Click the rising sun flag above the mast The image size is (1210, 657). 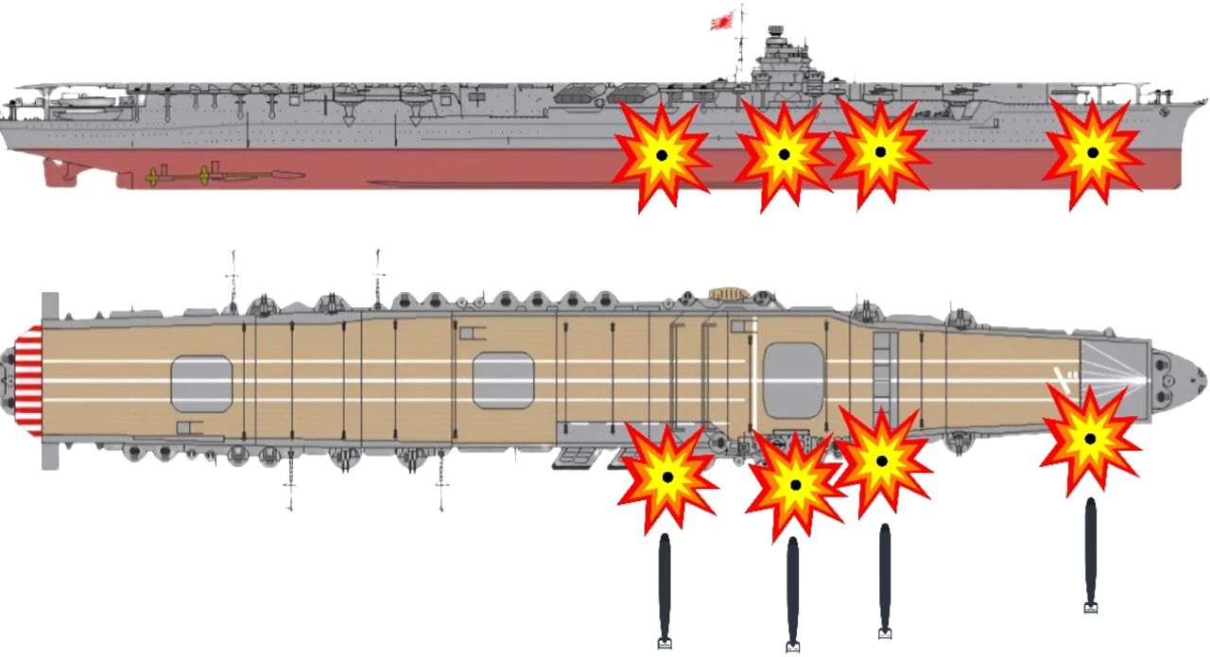[724, 21]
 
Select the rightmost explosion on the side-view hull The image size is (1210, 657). [1093, 152]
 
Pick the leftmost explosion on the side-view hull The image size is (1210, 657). [662, 154]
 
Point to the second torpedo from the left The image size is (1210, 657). [792, 592]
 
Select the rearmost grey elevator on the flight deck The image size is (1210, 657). [201, 384]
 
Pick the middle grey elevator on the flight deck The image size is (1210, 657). [503, 380]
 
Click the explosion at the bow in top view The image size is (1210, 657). [1090, 439]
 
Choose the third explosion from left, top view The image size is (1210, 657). [882, 460]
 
